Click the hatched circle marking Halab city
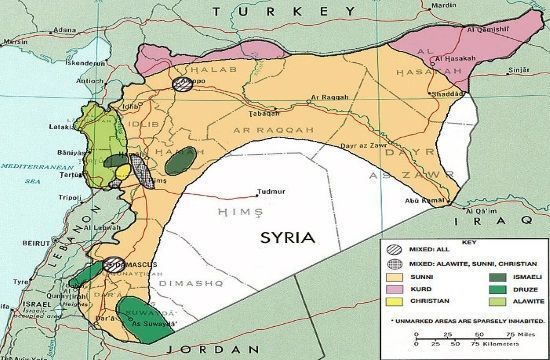pyautogui.click(x=184, y=85)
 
